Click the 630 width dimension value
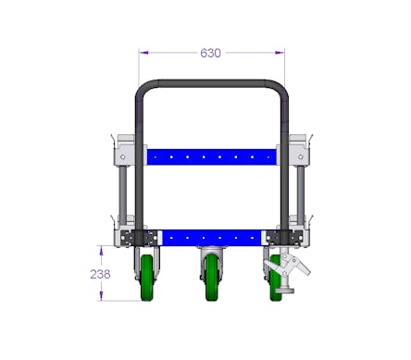(210, 53)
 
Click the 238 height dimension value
(100, 274)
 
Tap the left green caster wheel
(147, 278)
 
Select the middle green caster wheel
(212, 278)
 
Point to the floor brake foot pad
(285, 290)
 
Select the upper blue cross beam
(212, 157)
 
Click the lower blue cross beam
(212, 238)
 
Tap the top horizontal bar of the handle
(212, 83)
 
